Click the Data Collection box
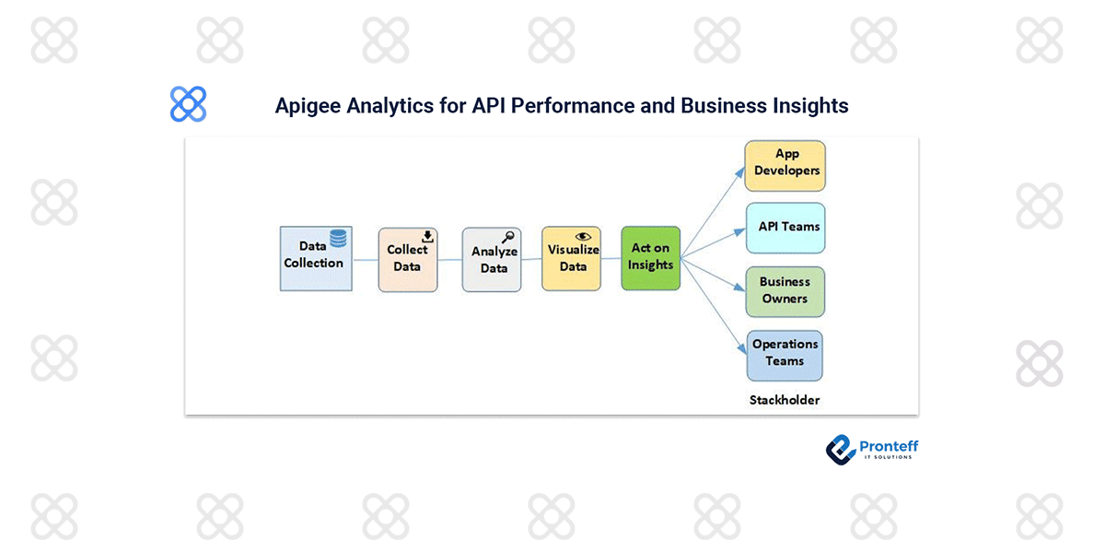tap(316, 259)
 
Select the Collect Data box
tap(408, 260)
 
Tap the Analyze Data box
tap(492, 260)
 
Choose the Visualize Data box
tap(571, 259)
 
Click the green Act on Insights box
tap(650, 258)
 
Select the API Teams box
tap(785, 228)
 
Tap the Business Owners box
tap(785, 291)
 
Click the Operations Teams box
tap(785, 355)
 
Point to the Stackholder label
tap(785, 400)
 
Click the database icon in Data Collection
tap(339, 238)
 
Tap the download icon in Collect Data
tap(427, 237)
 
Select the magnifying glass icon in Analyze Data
tap(506, 237)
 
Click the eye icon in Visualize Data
tap(582, 236)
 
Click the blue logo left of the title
tap(189, 104)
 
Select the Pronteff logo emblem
tap(841, 449)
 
